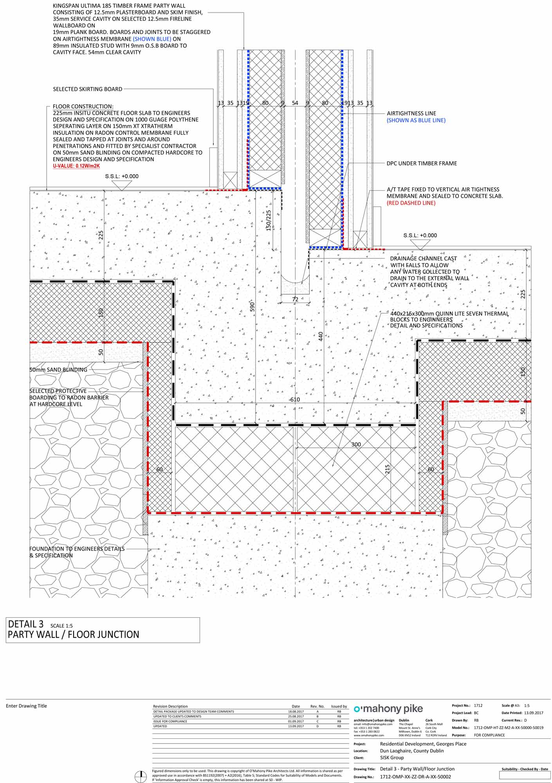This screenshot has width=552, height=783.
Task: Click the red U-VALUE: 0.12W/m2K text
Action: click(x=76, y=166)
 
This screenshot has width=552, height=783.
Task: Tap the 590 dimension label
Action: click(x=252, y=307)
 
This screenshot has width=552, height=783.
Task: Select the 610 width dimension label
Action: click(x=295, y=399)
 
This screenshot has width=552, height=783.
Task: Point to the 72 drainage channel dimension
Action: click(x=295, y=299)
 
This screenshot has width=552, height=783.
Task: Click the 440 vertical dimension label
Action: click(x=321, y=336)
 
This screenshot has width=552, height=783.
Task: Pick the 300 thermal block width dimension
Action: click(x=356, y=444)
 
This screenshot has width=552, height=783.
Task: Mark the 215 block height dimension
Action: click(x=387, y=469)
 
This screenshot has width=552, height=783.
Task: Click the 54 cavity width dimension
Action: click(x=295, y=103)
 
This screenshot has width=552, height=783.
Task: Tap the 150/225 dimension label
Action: click(x=269, y=220)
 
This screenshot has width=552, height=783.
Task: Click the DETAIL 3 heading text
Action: click(x=26, y=624)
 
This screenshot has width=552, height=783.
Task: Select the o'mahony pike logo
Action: click(x=388, y=709)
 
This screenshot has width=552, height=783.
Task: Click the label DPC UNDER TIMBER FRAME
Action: click(x=422, y=163)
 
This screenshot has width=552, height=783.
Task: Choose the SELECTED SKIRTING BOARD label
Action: click(x=88, y=89)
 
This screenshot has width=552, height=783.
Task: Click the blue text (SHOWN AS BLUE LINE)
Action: click(x=416, y=120)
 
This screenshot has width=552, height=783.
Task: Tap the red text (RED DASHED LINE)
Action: click(x=411, y=203)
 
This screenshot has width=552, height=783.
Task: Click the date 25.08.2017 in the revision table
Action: click(x=296, y=716)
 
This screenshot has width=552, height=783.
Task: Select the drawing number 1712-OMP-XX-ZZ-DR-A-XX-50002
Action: click(x=415, y=777)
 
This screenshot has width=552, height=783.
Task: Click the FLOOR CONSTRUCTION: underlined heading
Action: click(x=83, y=106)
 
